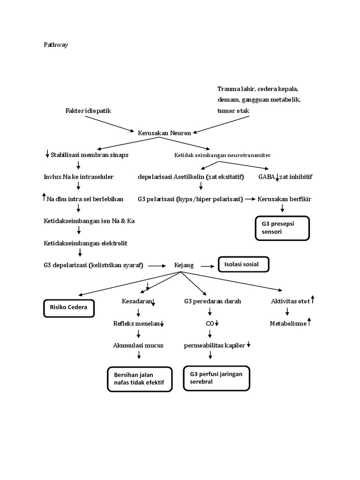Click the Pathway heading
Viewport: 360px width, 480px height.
click(56, 45)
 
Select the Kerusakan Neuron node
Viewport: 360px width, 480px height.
click(165, 133)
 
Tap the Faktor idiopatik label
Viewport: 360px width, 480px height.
click(89, 111)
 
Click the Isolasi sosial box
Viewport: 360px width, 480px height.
click(243, 265)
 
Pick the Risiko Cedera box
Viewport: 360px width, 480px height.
click(69, 308)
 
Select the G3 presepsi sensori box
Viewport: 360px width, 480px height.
click(282, 228)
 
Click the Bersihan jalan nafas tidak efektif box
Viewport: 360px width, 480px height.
click(140, 378)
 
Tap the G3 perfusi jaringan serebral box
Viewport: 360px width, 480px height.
click(216, 378)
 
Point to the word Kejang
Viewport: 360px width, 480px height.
click(184, 265)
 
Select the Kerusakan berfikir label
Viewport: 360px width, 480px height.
click(284, 199)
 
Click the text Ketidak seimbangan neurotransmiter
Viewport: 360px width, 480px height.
click(222, 155)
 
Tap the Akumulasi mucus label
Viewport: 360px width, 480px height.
click(138, 345)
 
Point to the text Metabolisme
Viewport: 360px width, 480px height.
click(288, 323)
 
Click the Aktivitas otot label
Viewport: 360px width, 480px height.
click(290, 301)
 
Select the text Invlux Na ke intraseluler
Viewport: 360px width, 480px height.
click(78, 177)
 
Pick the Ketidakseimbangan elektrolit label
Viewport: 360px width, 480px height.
click(85, 243)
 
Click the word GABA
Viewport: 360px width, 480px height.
click(267, 177)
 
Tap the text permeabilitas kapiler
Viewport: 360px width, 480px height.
click(214, 345)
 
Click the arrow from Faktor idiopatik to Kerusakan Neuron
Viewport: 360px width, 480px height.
click(109, 123)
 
